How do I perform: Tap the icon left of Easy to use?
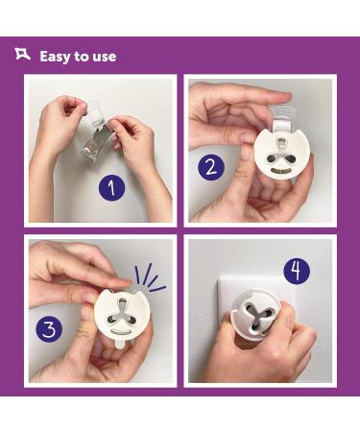(22, 54)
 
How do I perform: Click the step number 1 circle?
(111, 188)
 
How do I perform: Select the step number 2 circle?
(211, 167)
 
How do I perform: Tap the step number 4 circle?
(297, 271)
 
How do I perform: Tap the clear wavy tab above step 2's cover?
(282, 113)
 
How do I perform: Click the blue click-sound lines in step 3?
(150, 278)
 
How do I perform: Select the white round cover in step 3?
(122, 316)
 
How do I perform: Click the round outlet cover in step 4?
(255, 314)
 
